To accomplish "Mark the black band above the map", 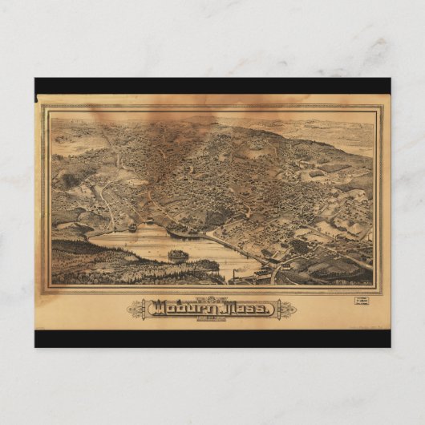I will [x=212, y=86].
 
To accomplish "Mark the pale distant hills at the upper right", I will [x=337, y=132].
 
